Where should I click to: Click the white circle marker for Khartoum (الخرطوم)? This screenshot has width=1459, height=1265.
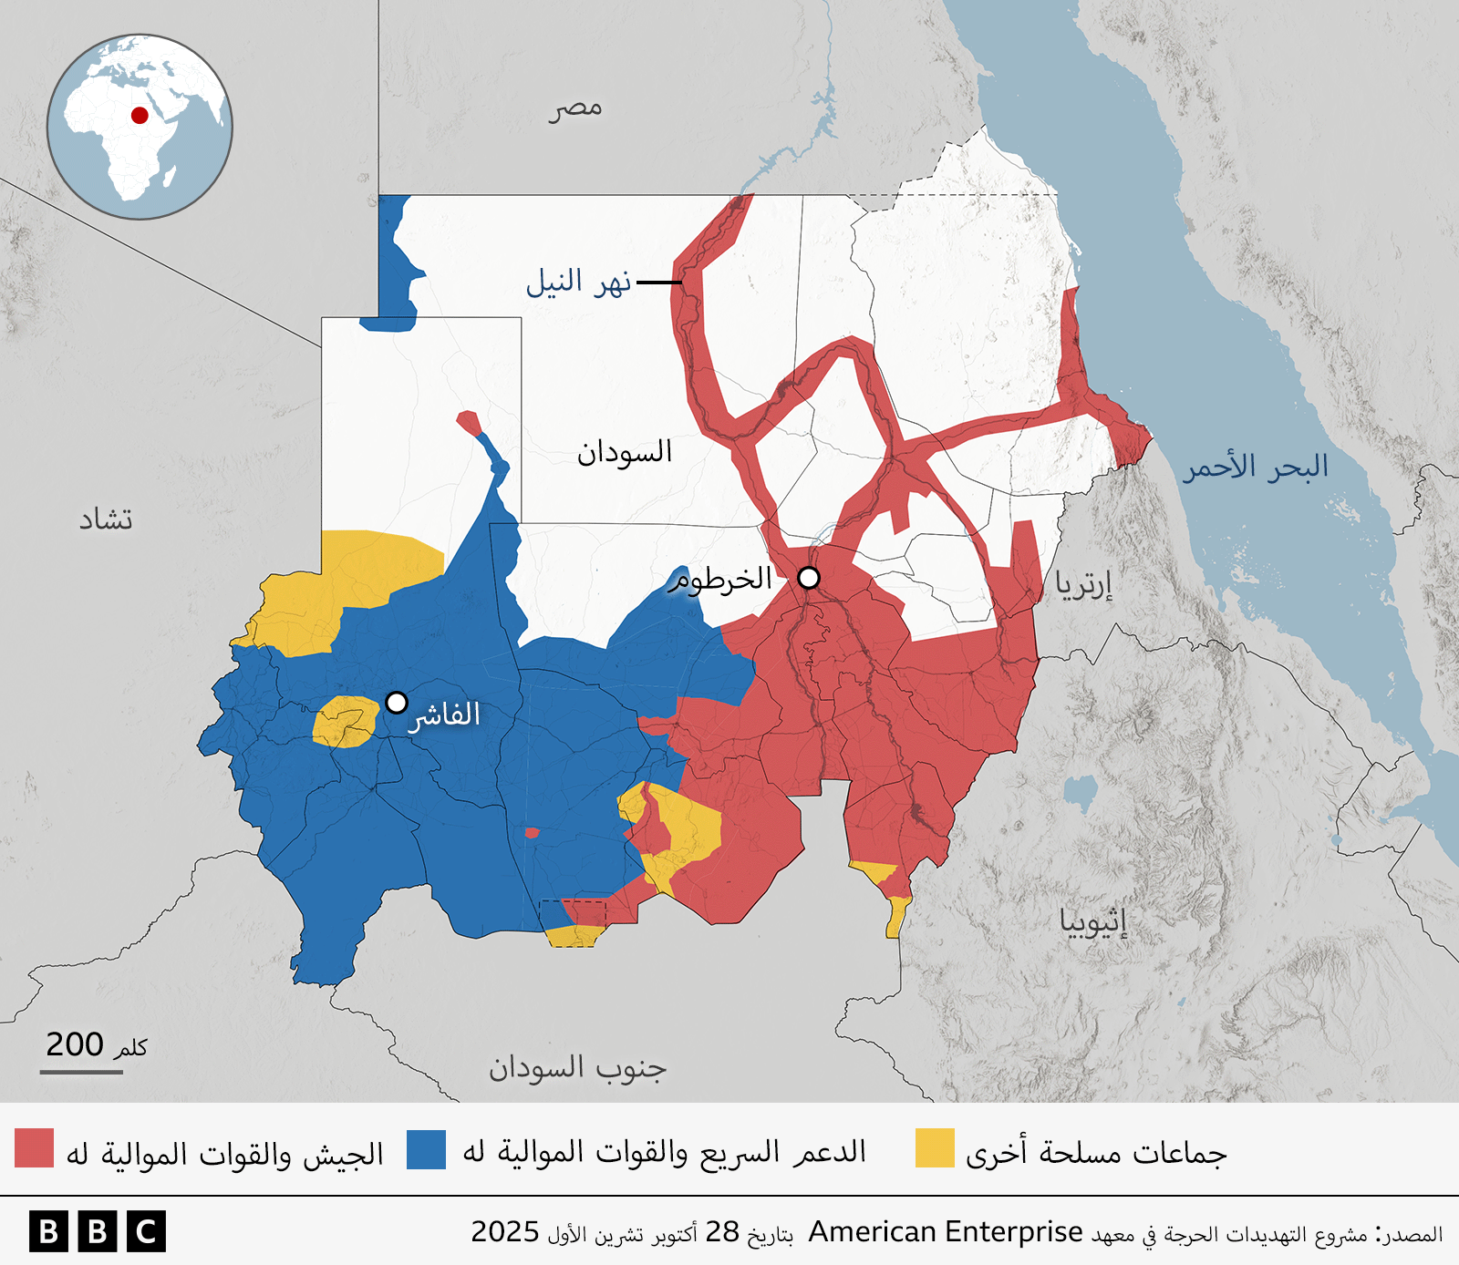tap(809, 578)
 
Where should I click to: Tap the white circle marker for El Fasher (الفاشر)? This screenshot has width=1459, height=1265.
tap(396, 702)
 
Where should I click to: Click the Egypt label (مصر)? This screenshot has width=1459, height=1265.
tap(575, 108)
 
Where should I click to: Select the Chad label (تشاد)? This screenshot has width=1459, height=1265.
tap(106, 519)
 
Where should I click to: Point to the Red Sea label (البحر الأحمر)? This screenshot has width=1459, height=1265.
tap(1255, 467)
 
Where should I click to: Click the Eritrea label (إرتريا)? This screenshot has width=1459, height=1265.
tap(1083, 583)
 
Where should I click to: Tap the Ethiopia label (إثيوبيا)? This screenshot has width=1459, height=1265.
tap(1092, 921)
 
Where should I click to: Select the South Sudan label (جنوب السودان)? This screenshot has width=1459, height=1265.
tap(577, 1067)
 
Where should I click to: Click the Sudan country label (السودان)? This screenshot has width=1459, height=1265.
tap(624, 452)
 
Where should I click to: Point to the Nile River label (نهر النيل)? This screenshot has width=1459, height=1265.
tap(578, 283)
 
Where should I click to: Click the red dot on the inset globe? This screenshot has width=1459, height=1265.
tap(140, 115)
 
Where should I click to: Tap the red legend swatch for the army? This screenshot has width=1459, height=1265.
tap(35, 1148)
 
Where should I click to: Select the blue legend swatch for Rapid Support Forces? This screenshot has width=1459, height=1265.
tap(426, 1148)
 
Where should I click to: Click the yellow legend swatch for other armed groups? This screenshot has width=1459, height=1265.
tap(935, 1148)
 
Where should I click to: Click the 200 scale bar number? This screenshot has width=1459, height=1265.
tap(75, 1044)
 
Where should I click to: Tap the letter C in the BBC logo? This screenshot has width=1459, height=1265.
tap(146, 1232)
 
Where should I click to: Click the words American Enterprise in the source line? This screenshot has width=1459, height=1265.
tap(946, 1232)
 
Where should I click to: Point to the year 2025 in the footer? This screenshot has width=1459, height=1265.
tap(505, 1232)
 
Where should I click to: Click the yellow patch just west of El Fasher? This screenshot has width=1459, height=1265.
tap(346, 721)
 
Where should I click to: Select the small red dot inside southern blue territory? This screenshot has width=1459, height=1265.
tap(532, 832)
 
